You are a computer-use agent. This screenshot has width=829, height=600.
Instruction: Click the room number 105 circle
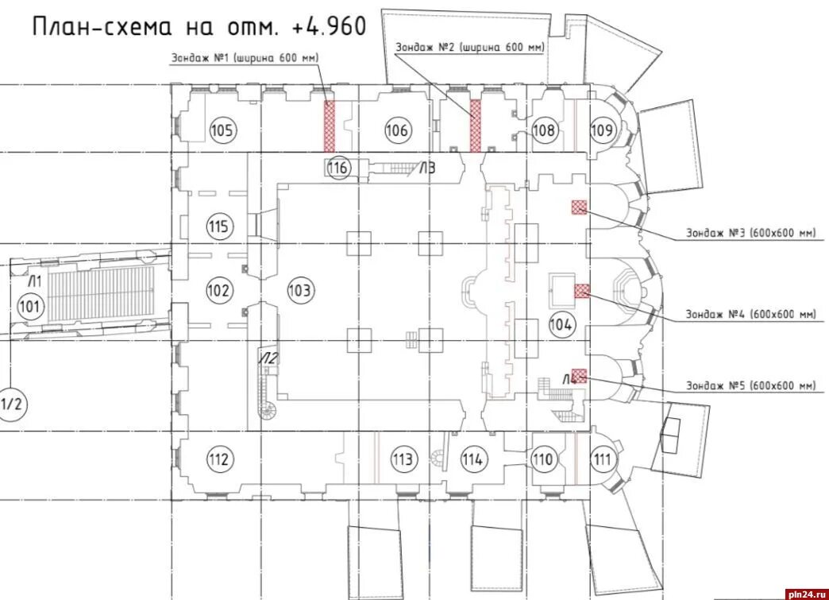click(222, 130)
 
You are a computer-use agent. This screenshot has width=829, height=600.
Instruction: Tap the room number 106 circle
click(397, 130)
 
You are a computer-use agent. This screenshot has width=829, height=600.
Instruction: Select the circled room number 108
click(543, 130)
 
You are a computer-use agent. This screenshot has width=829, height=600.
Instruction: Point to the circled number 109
click(602, 130)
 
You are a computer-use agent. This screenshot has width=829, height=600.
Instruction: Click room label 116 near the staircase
click(337, 168)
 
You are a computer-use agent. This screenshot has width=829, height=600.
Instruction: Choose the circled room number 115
click(219, 226)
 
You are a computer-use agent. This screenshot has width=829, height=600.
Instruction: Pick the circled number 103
click(300, 290)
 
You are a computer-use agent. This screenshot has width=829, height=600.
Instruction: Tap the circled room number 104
click(561, 324)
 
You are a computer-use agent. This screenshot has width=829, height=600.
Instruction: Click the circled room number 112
click(219, 459)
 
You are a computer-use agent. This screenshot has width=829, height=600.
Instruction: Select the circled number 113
click(403, 459)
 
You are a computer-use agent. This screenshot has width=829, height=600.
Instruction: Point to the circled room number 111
click(602, 459)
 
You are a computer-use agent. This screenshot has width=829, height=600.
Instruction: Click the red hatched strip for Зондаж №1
click(330, 126)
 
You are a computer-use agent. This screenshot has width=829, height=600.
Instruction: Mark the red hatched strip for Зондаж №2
click(476, 126)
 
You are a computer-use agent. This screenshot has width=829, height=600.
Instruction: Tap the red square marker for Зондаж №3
click(580, 207)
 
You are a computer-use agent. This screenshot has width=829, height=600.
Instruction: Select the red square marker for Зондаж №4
click(582, 291)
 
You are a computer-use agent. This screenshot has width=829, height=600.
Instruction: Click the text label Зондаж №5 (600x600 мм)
click(750, 385)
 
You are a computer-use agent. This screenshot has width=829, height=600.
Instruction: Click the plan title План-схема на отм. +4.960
click(199, 26)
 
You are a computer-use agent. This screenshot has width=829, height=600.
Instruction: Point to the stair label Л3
click(428, 168)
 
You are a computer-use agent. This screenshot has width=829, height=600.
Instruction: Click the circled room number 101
click(29, 306)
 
